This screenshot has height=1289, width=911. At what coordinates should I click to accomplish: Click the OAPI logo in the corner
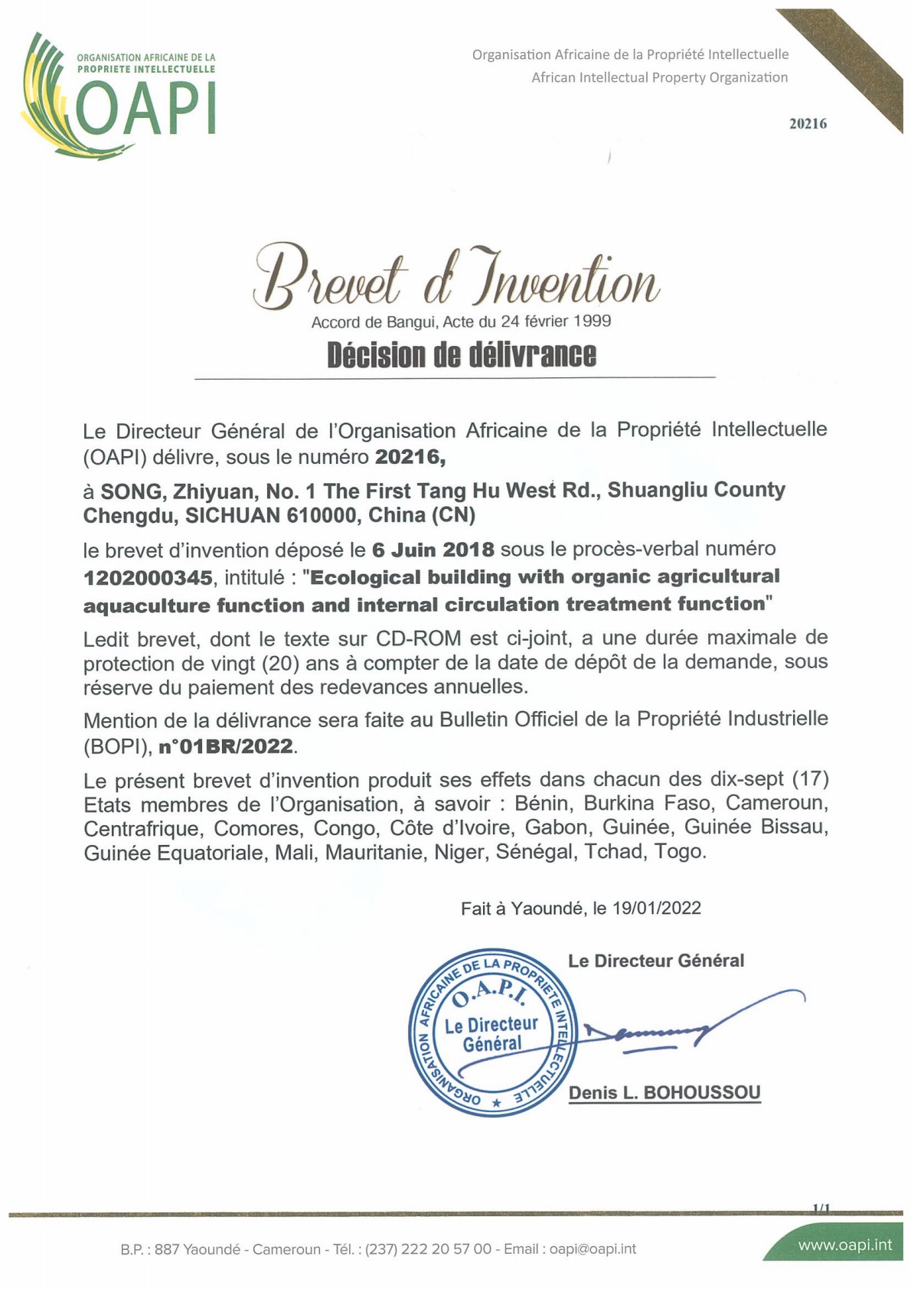coord(119,96)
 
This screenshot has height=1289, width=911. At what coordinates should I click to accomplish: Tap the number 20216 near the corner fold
coord(808,124)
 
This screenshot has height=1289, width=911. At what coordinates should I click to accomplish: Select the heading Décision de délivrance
coord(461,355)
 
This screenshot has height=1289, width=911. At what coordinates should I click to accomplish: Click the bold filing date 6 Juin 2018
coord(433,550)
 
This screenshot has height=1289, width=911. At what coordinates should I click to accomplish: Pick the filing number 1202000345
coord(147,577)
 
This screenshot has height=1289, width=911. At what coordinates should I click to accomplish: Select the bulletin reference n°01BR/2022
coord(226,746)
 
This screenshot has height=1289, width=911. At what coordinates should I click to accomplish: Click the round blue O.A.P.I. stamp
coord(492,1033)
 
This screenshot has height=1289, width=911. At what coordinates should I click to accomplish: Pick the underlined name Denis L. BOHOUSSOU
coord(664,1093)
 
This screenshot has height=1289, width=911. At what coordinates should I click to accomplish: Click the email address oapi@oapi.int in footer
coord(593,1249)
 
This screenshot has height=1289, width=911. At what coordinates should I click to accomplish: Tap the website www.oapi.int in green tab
coord(844,1245)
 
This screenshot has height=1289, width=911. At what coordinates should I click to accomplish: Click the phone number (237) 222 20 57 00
coord(428,1249)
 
